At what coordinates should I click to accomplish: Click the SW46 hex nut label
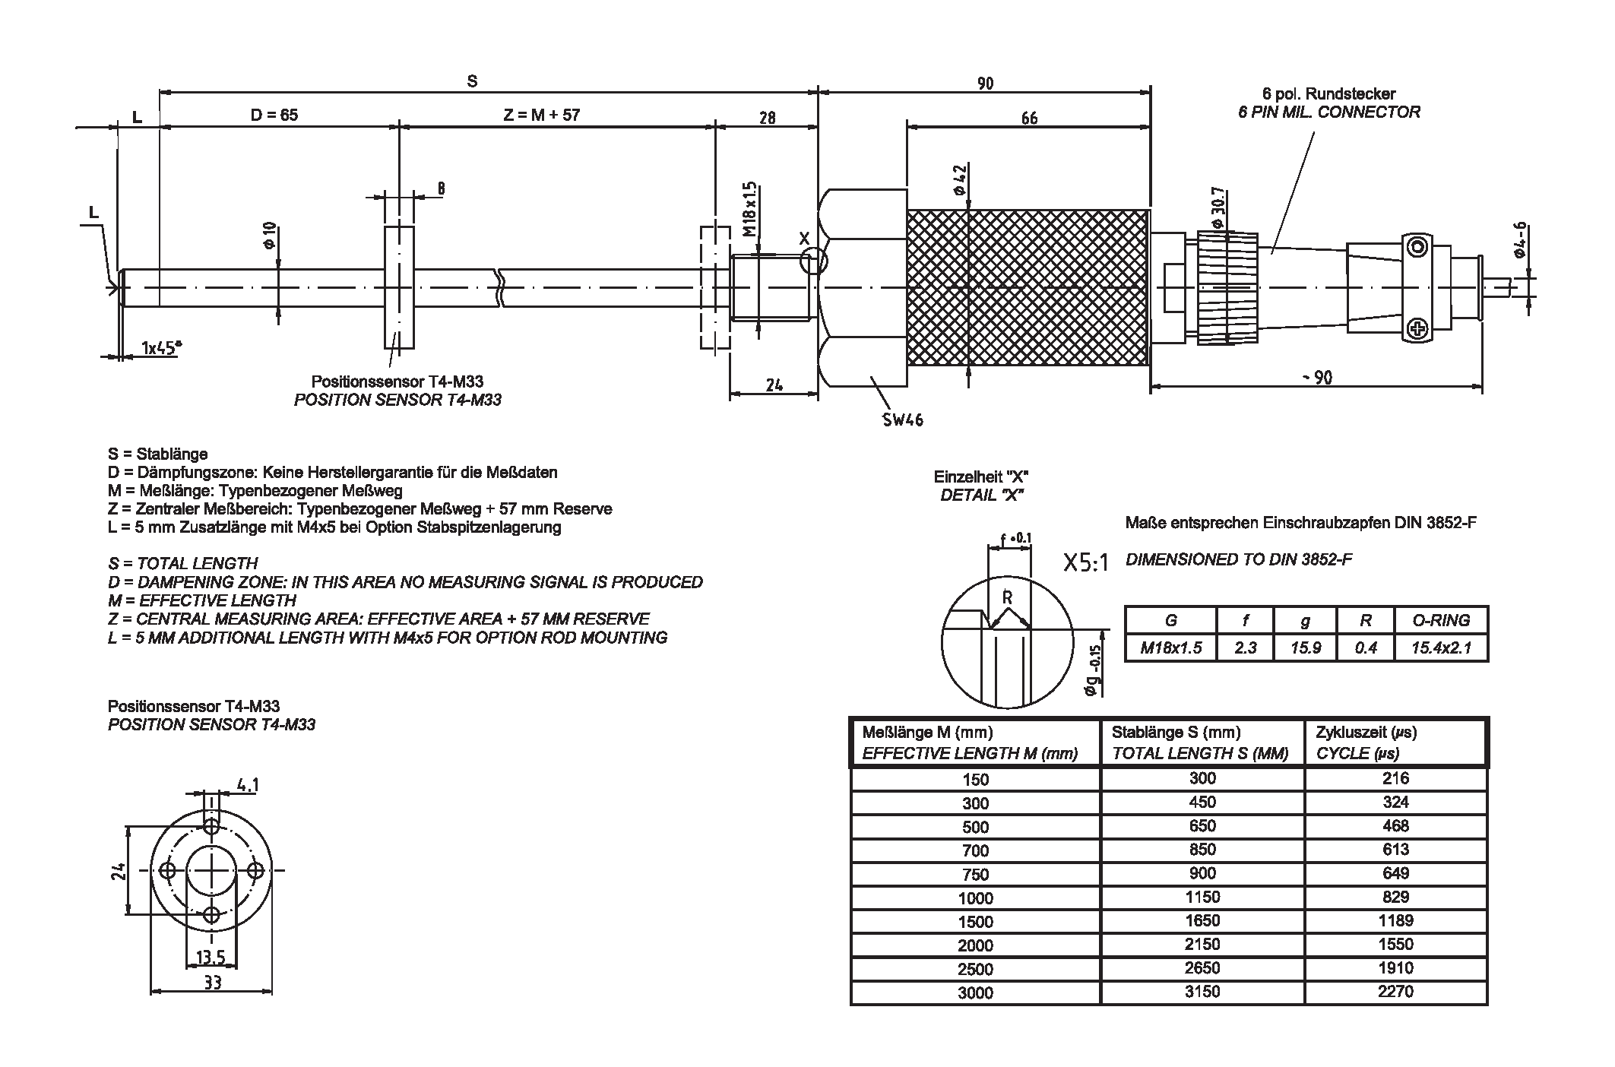pyautogui.click(x=903, y=419)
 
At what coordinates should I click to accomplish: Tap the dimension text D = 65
pyautogui.click(x=274, y=115)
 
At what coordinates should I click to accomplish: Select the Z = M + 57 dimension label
pyautogui.click(x=541, y=115)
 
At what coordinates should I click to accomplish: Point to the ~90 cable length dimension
pyautogui.click(x=1316, y=378)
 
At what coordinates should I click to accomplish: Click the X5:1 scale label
pyautogui.click(x=1086, y=563)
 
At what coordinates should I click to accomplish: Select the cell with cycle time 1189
pyautogui.click(x=1395, y=920)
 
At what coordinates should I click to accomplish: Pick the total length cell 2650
pyautogui.click(x=1202, y=967)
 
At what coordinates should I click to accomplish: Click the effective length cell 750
pyautogui.click(x=975, y=874)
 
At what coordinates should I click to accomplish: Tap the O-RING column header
pyautogui.click(x=1441, y=620)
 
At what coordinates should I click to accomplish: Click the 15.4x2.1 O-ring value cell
pyautogui.click(x=1441, y=647)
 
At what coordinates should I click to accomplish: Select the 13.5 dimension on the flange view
pyautogui.click(x=211, y=957)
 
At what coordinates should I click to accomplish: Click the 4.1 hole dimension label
pyautogui.click(x=247, y=785)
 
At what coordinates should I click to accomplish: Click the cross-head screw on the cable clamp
pyautogui.click(x=1417, y=328)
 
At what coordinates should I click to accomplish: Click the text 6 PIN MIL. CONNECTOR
pyautogui.click(x=1328, y=112)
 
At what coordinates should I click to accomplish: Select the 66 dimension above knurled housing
pyautogui.click(x=1028, y=118)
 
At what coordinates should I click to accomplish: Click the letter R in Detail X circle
pyautogui.click(x=1007, y=598)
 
